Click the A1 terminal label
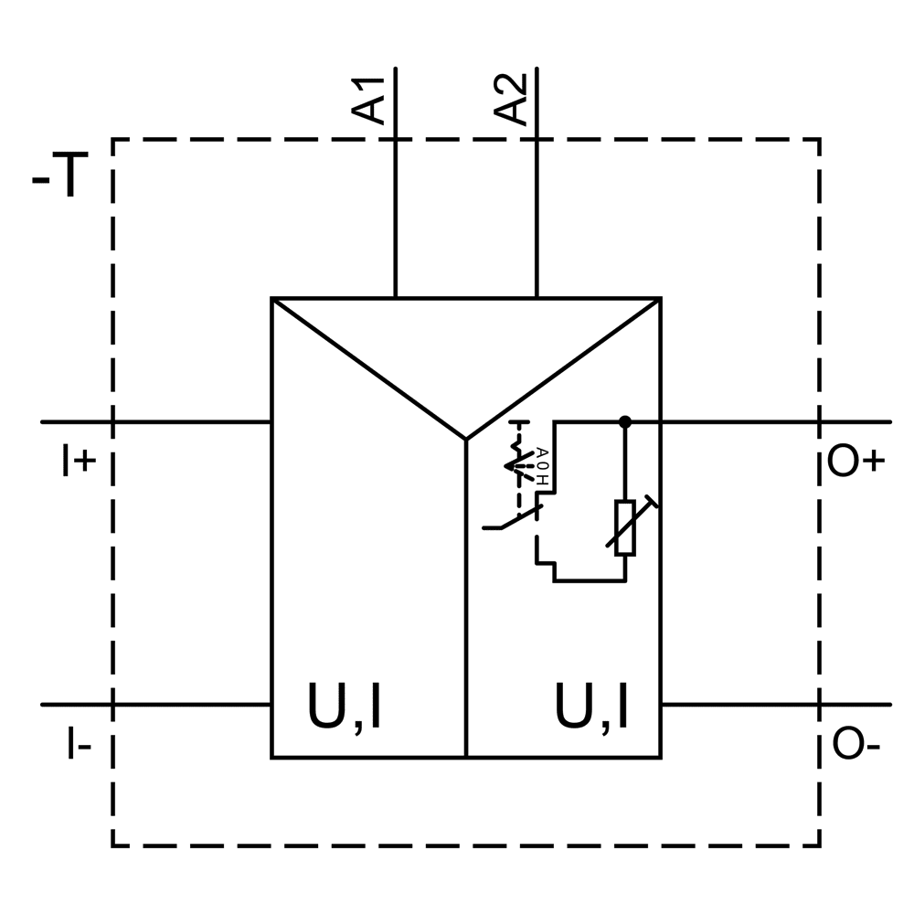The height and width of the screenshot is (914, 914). (371, 99)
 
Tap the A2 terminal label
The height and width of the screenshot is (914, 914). (512, 99)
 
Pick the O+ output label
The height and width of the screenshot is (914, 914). (856, 462)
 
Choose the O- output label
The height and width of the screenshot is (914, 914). (856, 746)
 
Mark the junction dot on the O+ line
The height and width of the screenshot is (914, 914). (625, 421)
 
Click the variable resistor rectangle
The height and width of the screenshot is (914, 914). (625, 527)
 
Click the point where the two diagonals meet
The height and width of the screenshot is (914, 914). (466, 440)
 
